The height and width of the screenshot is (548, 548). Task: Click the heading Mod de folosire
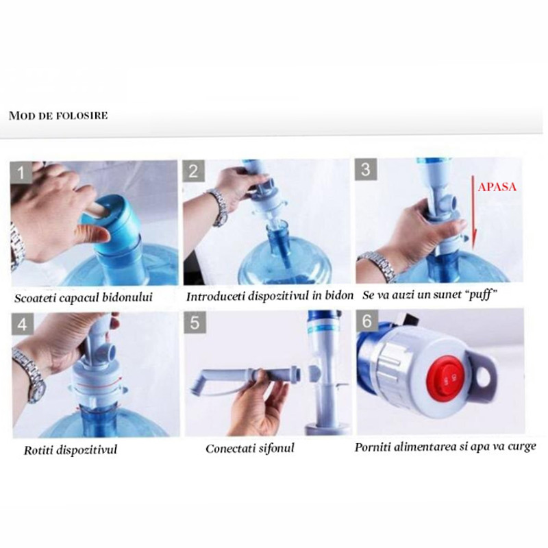click(58, 115)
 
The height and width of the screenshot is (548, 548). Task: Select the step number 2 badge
click(193, 171)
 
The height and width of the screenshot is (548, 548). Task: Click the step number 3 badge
click(366, 170)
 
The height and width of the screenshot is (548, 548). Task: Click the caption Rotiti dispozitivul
click(71, 450)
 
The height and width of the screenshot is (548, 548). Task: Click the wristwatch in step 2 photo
click(218, 206)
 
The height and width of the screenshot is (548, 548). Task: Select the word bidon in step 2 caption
click(338, 296)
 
